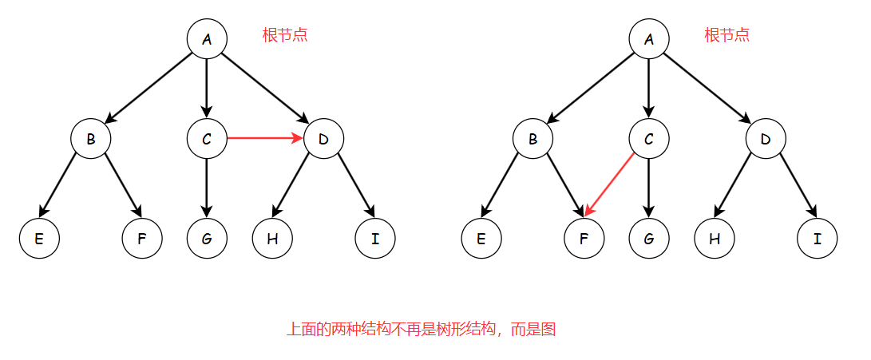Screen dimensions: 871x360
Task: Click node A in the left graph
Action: click(x=207, y=38)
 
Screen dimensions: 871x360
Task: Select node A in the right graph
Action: click(x=648, y=38)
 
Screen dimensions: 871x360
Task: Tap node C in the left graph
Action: click(x=207, y=139)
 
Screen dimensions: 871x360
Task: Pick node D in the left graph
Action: click(x=323, y=139)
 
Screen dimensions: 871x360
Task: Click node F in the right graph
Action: click(x=584, y=239)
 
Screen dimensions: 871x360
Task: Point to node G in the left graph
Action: click(x=207, y=239)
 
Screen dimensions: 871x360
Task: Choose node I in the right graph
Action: click(x=818, y=239)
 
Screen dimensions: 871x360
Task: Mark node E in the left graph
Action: click(x=39, y=239)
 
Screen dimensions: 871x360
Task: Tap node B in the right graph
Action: click(x=533, y=139)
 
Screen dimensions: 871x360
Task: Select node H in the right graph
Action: click(x=714, y=239)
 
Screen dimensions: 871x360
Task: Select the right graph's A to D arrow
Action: click(x=707, y=88)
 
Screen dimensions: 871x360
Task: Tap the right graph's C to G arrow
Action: click(x=648, y=188)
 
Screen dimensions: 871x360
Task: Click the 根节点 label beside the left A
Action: click(x=285, y=35)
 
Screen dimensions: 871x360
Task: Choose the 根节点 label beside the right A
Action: click(x=726, y=35)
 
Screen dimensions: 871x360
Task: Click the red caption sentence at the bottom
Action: click(x=421, y=329)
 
